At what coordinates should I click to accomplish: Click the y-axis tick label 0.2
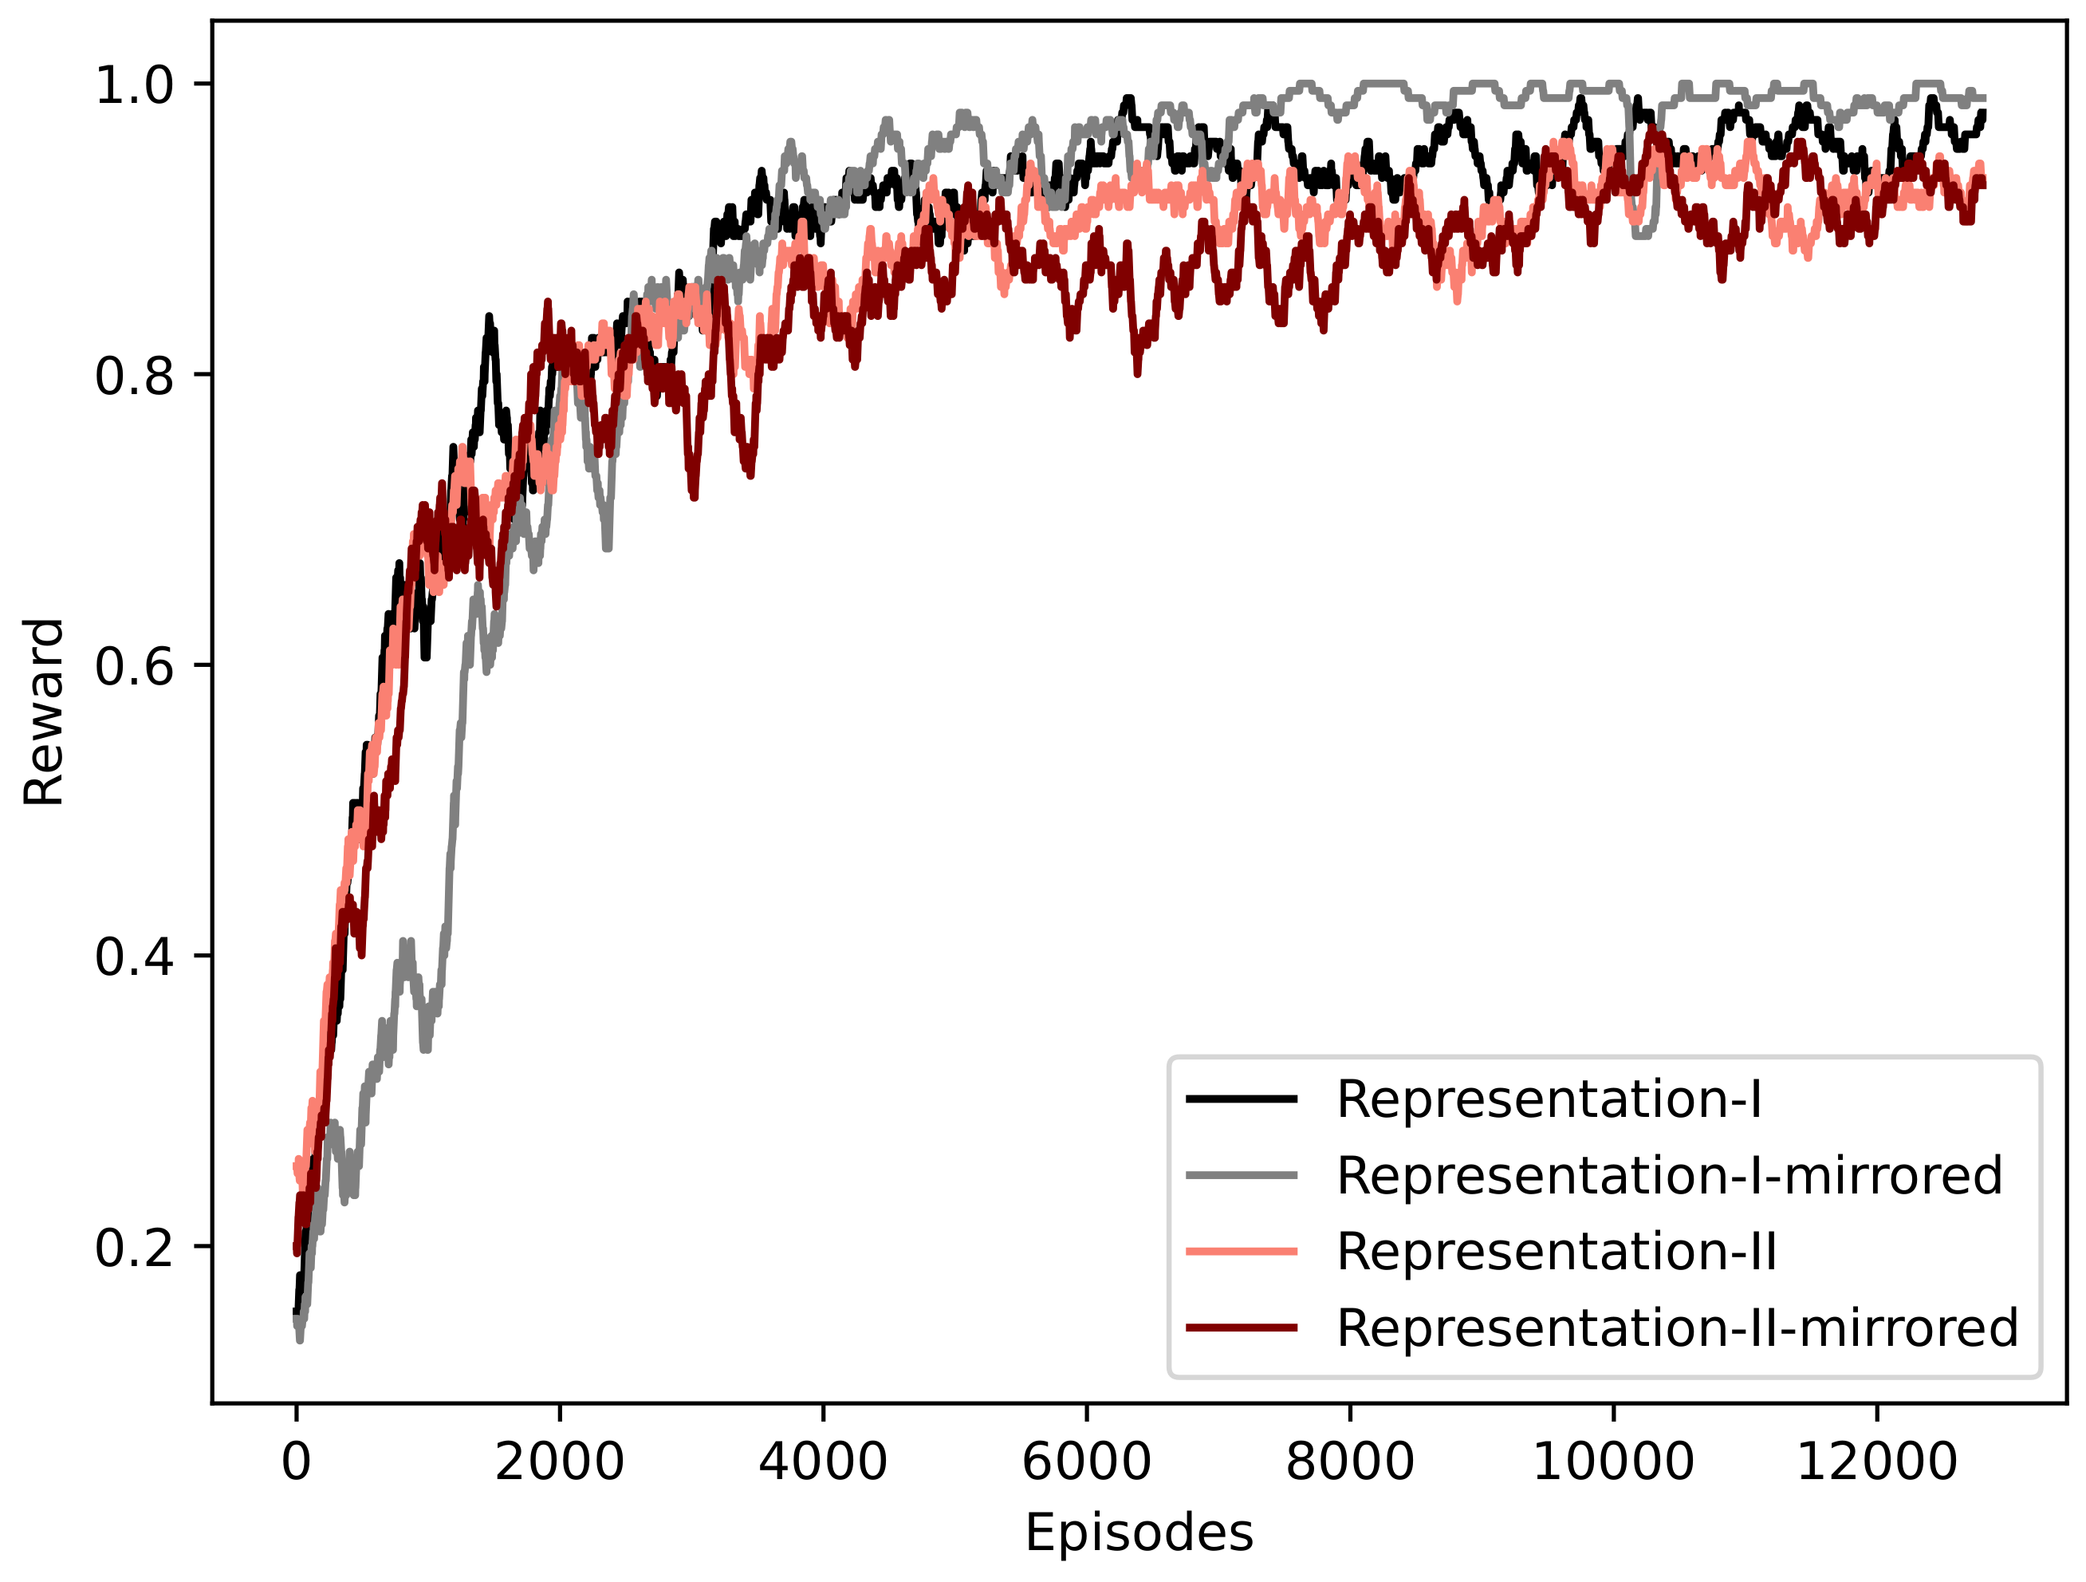[x=135, y=1247]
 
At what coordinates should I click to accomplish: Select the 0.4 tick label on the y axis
[x=135, y=957]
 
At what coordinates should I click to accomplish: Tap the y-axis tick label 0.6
[x=135, y=666]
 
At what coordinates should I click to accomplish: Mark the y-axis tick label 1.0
[x=135, y=85]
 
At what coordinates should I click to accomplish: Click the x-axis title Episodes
[x=1139, y=1533]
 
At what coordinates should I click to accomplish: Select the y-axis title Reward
[x=43, y=712]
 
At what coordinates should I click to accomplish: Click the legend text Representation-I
[x=1549, y=1099]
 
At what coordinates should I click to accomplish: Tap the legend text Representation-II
[x=1556, y=1252]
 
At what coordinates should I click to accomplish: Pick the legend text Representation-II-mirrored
[x=1677, y=1328]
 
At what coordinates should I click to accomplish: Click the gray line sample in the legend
[x=1241, y=1175]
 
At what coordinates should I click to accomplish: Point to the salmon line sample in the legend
[x=1241, y=1252]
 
